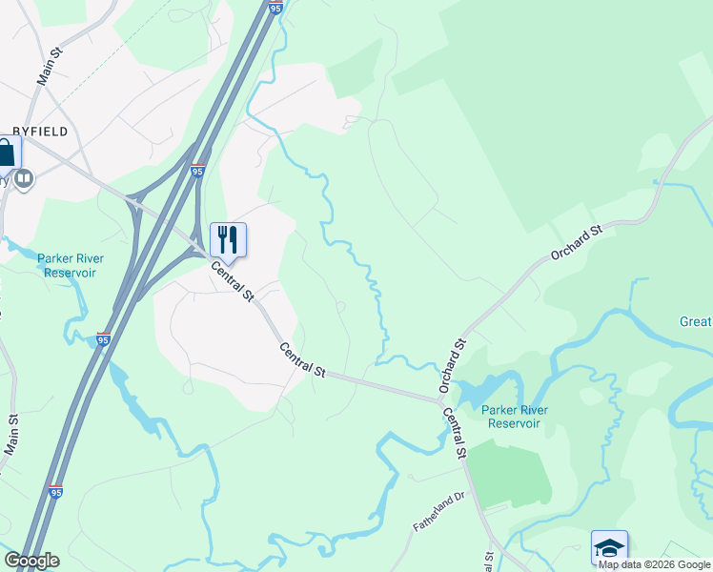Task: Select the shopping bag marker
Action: [7, 153]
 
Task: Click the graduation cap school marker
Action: [609, 547]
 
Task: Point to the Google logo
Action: [31, 561]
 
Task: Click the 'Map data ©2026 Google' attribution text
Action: [655, 564]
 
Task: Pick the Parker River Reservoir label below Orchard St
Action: [515, 417]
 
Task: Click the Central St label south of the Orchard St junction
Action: [454, 433]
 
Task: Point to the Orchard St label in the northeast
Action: [579, 243]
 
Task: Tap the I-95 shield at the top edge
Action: [275, 8]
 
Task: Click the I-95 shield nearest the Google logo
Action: [57, 492]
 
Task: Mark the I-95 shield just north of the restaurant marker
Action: [197, 171]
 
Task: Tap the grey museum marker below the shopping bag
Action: [23, 178]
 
